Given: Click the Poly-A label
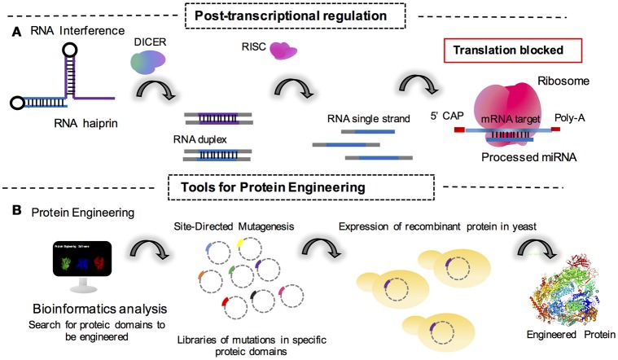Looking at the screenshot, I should [572, 116].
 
